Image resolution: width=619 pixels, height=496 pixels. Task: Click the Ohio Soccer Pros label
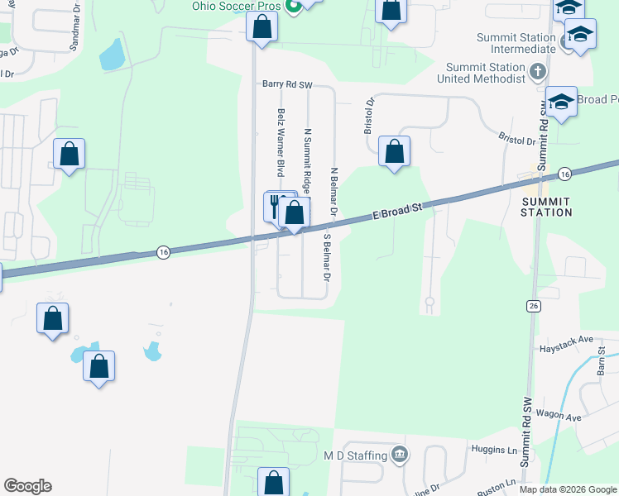pos(237,7)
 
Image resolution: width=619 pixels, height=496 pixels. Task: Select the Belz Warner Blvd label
pos(281,142)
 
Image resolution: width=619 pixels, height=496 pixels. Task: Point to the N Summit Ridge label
pos(307,155)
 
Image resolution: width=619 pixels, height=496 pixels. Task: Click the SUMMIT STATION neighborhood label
pos(545,207)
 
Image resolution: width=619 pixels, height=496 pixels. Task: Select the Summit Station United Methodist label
pos(485,73)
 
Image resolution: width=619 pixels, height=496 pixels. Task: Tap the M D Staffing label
pos(356,455)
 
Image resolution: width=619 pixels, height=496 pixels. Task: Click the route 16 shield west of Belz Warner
pos(163,252)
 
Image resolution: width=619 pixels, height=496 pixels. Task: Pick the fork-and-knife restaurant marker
pos(275,204)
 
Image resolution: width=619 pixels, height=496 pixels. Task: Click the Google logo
pos(27,486)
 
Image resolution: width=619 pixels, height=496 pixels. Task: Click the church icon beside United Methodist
pos(537,71)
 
